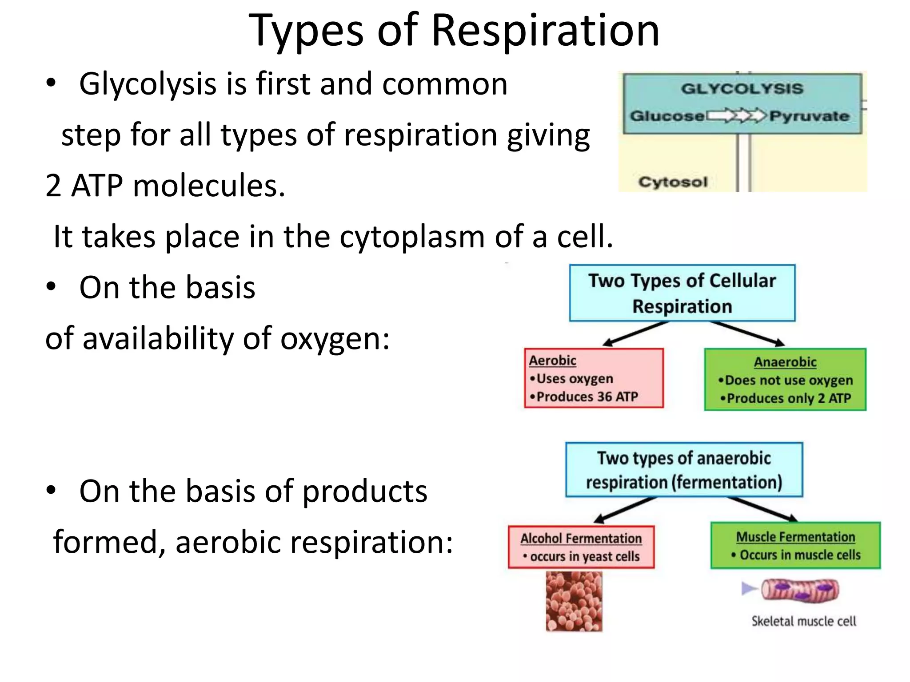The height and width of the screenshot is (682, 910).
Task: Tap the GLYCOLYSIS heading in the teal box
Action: (x=742, y=88)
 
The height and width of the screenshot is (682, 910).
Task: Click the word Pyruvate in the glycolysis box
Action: (x=809, y=116)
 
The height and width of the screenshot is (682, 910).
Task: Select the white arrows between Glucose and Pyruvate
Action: (x=736, y=116)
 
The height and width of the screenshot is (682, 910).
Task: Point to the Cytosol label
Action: (x=673, y=182)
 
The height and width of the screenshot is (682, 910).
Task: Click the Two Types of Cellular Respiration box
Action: (x=682, y=293)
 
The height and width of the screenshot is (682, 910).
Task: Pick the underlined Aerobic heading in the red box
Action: (x=552, y=361)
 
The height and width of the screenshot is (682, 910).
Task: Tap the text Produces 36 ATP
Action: (x=587, y=397)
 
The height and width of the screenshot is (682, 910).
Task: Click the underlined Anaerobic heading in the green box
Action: (x=785, y=362)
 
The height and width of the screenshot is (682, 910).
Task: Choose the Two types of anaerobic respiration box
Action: (x=684, y=470)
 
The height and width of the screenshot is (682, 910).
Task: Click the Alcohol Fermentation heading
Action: (x=581, y=539)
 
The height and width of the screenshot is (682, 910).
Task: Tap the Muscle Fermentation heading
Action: (x=795, y=537)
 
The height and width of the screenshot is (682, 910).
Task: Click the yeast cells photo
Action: (x=574, y=601)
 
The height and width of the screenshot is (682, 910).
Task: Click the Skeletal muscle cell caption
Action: (x=803, y=621)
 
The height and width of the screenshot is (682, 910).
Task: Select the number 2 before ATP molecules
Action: (x=53, y=186)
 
